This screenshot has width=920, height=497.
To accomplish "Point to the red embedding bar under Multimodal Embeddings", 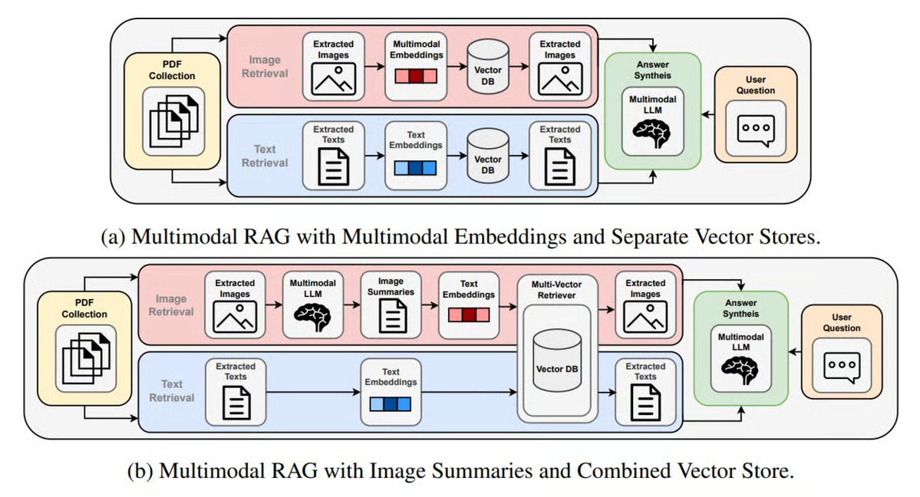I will (x=415, y=77).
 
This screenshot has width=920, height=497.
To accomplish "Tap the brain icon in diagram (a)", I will (x=653, y=131).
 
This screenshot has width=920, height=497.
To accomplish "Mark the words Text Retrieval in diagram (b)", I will (x=178, y=390).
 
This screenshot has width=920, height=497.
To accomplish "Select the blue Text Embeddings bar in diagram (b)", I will (x=391, y=403).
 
